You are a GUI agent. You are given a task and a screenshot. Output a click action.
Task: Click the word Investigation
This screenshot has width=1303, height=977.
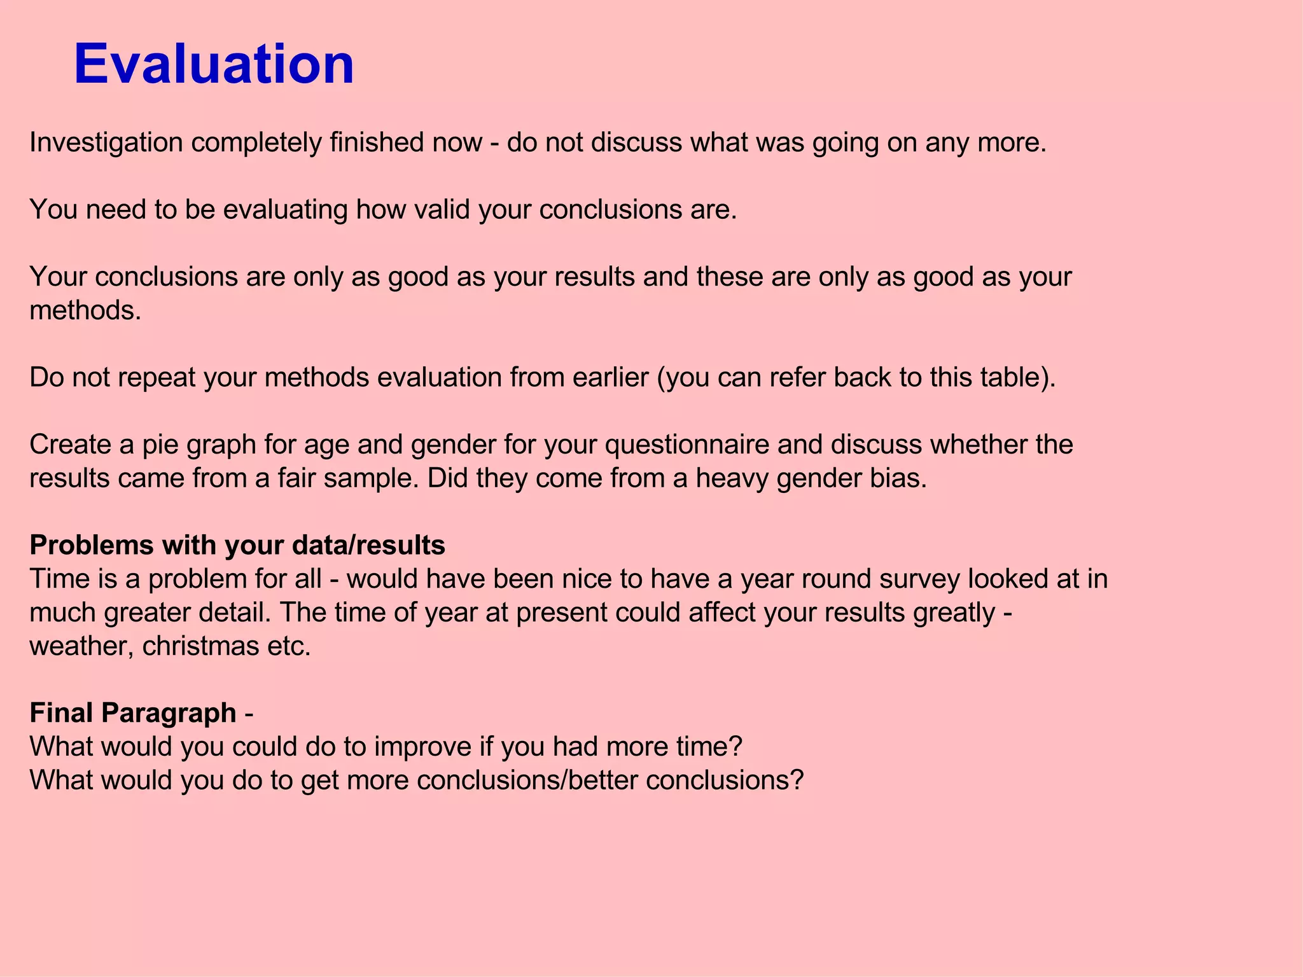point(106,142)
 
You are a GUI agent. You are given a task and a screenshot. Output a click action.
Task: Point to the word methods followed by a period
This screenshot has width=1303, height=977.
point(85,310)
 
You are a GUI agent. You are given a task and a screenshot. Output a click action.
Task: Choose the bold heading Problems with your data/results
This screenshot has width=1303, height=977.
point(237,545)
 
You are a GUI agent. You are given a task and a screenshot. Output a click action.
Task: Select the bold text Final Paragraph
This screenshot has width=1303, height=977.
point(133,713)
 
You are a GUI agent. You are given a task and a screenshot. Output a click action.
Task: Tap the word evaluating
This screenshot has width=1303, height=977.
point(284,210)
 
